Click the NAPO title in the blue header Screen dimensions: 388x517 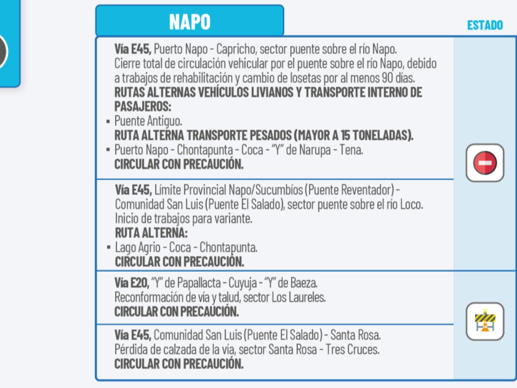[189, 22]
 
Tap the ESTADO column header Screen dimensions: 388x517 [485, 25]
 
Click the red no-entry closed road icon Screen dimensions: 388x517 [485, 163]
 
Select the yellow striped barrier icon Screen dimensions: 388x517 [485, 322]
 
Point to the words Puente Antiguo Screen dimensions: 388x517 [148, 121]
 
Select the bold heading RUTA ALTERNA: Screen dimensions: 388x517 [151, 233]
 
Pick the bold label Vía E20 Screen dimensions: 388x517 [132, 283]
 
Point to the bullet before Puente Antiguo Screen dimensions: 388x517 [108, 121]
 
